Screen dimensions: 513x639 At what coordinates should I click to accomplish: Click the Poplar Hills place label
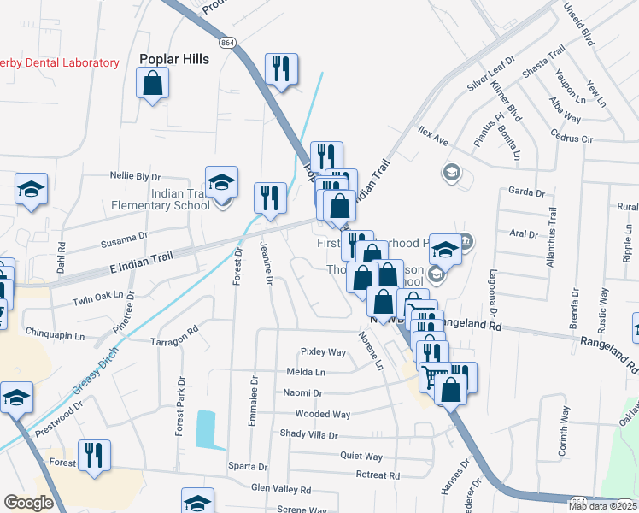pyautogui.click(x=173, y=60)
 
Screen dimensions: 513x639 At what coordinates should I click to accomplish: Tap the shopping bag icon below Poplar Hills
pyautogui.click(x=152, y=84)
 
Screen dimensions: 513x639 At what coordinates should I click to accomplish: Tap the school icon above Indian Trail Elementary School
pyautogui.click(x=221, y=183)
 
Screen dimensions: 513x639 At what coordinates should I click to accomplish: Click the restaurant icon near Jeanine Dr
pyautogui.click(x=270, y=198)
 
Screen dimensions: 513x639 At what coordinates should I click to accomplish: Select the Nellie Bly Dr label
pyautogui.click(x=135, y=176)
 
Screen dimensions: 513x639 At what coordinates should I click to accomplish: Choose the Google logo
pyautogui.click(x=28, y=503)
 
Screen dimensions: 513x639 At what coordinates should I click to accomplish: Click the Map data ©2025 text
pyautogui.click(x=603, y=506)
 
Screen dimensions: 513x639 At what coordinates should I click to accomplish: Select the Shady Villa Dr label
pyautogui.click(x=308, y=434)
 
